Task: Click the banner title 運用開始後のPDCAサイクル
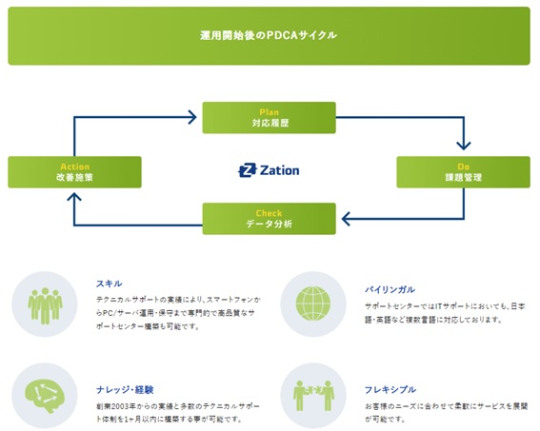[x=269, y=35]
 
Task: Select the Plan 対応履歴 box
[x=269, y=118]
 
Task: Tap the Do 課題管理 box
[x=463, y=172]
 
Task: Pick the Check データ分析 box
[x=269, y=219]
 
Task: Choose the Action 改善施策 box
[x=74, y=172]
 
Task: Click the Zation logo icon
[x=248, y=170]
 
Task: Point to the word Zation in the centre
[x=280, y=170]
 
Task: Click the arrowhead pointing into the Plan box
[x=192, y=117]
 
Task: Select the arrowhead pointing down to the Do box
[x=464, y=146]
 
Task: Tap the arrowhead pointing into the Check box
[x=346, y=219]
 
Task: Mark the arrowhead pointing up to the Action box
[x=74, y=197]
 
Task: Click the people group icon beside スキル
[x=45, y=305]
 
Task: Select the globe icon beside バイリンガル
[x=313, y=304]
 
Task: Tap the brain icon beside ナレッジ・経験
[x=45, y=395]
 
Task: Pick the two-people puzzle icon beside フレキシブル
[x=313, y=396]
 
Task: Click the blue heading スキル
[x=110, y=284]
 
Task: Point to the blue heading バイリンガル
[x=390, y=290]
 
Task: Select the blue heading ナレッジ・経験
[x=125, y=390]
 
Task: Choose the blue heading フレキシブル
[x=390, y=390]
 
